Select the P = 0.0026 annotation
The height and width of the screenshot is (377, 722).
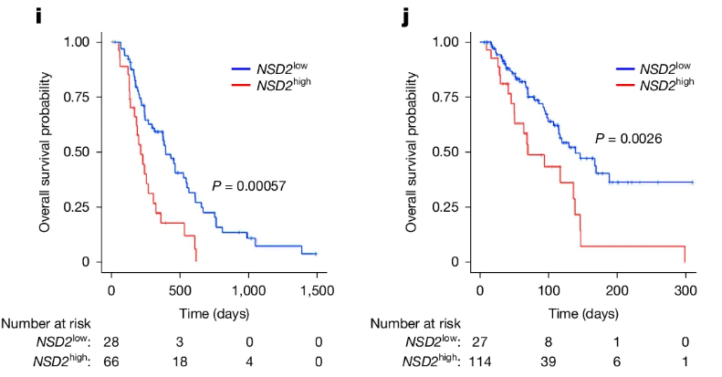click(x=628, y=139)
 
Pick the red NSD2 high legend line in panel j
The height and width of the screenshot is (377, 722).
click(x=620, y=85)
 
